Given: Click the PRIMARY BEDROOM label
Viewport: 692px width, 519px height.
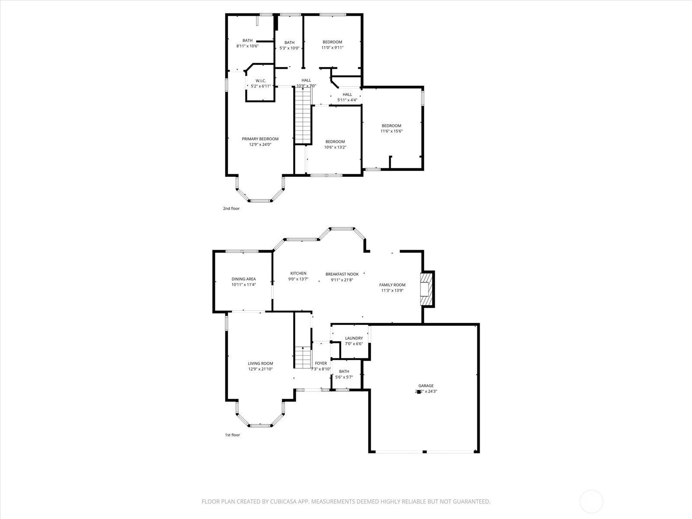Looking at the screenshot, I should (260, 139).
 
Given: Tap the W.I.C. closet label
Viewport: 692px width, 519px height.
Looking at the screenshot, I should (260, 81).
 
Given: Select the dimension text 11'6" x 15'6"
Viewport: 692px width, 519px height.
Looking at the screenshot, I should (391, 131).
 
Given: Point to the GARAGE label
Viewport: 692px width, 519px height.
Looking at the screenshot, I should (426, 386).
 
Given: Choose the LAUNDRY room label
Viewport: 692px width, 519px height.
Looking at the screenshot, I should (354, 338).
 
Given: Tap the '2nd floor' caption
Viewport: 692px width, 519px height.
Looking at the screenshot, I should (231, 208).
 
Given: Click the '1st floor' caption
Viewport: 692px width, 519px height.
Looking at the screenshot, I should (232, 435).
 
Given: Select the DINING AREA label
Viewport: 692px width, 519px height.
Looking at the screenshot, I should (243, 279).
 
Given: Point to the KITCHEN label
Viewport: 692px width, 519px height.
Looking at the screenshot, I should (298, 273).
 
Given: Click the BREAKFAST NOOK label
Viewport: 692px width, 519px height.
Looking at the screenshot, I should (342, 274).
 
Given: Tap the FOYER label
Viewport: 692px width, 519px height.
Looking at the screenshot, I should (321, 363).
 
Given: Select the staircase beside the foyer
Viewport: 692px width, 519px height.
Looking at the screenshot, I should (303, 357).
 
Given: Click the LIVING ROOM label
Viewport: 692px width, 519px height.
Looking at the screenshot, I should (260, 364).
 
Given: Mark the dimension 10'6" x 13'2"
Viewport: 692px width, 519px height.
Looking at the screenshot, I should (335, 147).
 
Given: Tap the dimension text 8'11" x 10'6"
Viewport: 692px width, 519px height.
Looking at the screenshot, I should (247, 46).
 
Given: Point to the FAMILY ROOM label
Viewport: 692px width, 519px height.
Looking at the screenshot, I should (392, 285).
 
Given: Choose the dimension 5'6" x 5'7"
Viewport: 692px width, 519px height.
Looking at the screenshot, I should (344, 377).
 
